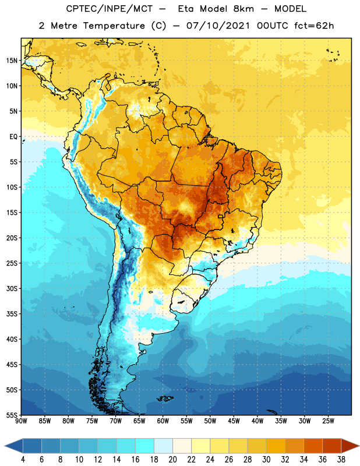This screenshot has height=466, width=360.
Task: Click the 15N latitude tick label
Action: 12,61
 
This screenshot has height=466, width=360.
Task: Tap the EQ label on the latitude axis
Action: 13,137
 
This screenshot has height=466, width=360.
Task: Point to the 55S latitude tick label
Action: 12,415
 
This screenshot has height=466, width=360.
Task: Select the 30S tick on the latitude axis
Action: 12,288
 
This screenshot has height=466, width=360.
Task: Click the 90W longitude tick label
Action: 21,421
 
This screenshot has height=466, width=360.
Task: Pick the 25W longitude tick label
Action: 328,421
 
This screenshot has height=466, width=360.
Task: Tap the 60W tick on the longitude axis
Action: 163,421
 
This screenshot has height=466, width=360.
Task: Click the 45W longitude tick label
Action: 234,421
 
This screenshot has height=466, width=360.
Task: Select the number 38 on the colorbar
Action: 341,460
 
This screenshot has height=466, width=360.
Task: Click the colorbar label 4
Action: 23,460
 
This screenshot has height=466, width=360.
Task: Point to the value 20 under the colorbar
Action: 172,460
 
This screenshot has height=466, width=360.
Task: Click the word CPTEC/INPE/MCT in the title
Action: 109,9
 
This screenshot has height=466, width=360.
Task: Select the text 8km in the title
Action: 243,9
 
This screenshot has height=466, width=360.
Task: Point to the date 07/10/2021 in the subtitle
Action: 218,26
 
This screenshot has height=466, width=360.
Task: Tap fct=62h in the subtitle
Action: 314,26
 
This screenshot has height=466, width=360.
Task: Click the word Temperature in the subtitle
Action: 114,26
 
